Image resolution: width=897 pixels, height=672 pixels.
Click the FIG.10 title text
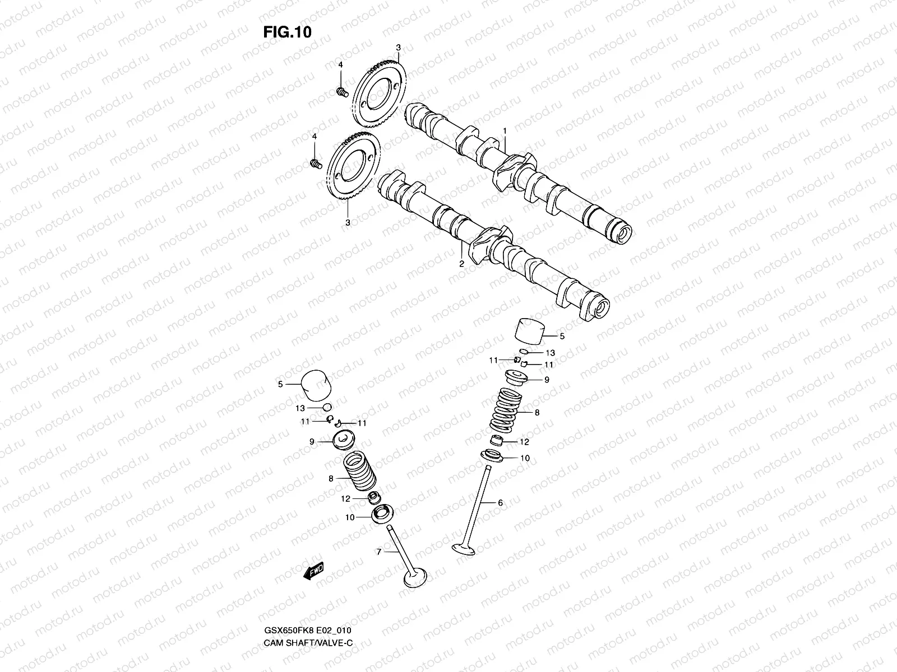(287, 32)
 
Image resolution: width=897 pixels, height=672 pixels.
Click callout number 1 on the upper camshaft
(505, 130)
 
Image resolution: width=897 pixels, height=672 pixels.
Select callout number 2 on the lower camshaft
(461, 263)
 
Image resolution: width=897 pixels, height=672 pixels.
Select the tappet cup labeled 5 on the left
(316, 386)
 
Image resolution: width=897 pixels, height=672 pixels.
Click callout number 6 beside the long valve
(500, 503)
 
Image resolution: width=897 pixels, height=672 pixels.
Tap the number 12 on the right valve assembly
(524, 442)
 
